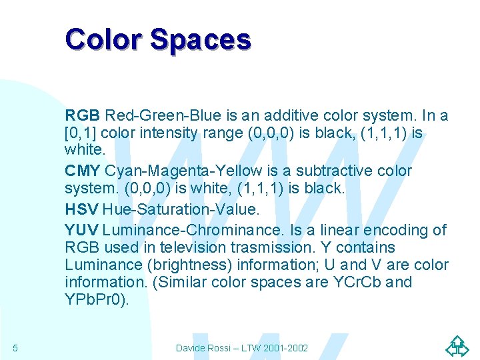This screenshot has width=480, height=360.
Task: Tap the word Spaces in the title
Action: tap(201, 40)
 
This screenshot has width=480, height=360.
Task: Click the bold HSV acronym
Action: tap(82, 209)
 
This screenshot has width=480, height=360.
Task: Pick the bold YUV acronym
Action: tap(82, 231)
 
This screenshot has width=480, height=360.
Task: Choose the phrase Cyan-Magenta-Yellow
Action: tap(174, 171)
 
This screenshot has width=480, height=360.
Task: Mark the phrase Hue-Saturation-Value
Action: tap(181, 209)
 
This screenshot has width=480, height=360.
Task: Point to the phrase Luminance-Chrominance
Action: tap(193, 231)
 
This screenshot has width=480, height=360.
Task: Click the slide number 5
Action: tap(15, 348)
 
